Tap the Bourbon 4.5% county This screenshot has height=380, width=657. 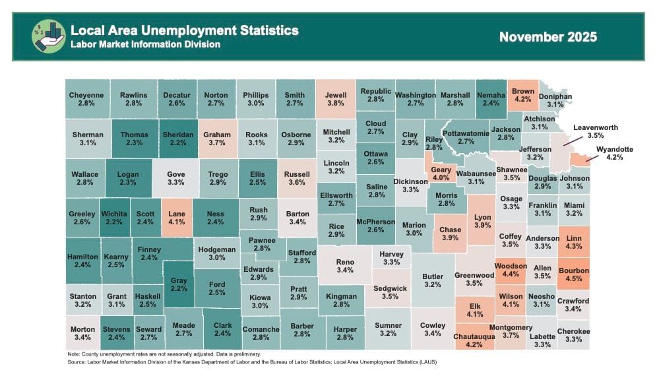[x=573, y=274]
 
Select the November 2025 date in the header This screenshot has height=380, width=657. [x=547, y=37]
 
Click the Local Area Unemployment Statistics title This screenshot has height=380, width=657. [x=184, y=30]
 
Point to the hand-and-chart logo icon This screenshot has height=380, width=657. [x=49, y=36]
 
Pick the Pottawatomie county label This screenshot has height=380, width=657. [x=466, y=137]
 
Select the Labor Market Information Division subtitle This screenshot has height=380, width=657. [x=145, y=45]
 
